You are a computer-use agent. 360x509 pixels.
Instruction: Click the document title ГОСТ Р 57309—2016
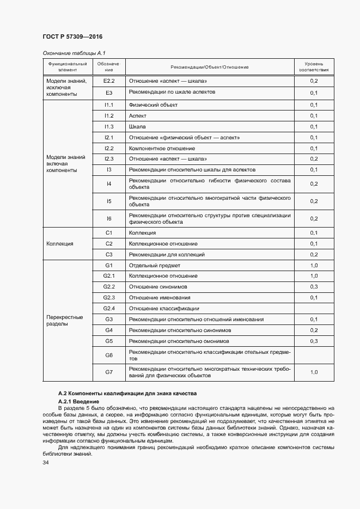[x=72, y=36]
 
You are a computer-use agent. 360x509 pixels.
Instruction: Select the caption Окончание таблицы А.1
[x=70, y=53]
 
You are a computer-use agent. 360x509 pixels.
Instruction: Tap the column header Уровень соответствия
[x=314, y=67]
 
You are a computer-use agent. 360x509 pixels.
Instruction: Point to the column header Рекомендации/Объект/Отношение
[x=209, y=67]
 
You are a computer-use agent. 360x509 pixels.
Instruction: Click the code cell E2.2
[x=108, y=81]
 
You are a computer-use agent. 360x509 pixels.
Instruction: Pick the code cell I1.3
[x=108, y=126]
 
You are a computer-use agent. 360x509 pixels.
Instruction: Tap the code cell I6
[x=108, y=218]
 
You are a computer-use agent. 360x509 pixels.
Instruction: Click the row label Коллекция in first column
[x=60, y=244]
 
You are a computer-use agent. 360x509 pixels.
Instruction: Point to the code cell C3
[x=108, y=254]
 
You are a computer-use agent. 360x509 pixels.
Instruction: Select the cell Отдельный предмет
[x=154, y=265]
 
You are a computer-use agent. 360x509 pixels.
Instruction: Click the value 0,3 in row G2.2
[x=314, y=286]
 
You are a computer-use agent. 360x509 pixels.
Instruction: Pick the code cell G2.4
[x=108, y=308]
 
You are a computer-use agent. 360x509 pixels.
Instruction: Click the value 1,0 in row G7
[x=314, y=372]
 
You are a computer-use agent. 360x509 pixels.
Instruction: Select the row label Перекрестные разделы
[x=64, y=320]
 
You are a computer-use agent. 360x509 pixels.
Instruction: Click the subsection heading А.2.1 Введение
[x=76, y=401]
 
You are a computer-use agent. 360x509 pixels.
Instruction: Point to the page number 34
[x=46, y=462]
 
